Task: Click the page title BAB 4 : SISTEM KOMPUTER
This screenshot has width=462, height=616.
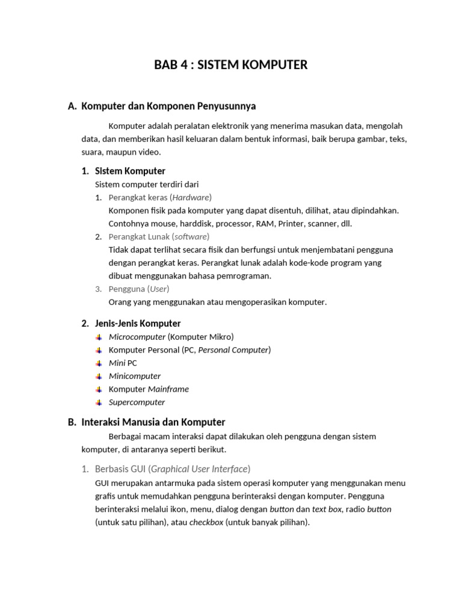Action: (231, 65)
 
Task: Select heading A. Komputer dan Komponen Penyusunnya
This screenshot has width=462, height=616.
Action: (162, 106)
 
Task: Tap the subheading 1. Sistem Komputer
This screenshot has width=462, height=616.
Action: (123, 171)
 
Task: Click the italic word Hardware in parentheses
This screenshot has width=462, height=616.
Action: (191, 197)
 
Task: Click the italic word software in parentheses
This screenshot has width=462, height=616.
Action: (191, 236)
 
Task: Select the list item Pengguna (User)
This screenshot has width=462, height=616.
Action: (139, 289)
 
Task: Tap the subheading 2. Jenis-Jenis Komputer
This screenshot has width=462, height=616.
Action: (131, 323)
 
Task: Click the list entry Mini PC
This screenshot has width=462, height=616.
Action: (123, 363)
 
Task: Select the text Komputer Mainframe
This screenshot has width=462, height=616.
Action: (149, 389)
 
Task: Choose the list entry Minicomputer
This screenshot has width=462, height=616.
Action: (135, 376)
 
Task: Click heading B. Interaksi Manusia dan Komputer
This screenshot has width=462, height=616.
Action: (147, 422)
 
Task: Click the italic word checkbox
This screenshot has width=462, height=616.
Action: (206, 522)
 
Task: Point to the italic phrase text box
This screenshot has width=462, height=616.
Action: (327, 509)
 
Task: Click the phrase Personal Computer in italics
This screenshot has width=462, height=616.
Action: (233, 350)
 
